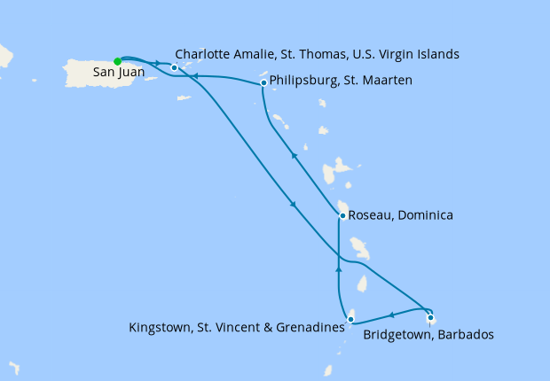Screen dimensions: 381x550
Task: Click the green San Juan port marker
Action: (117, 61)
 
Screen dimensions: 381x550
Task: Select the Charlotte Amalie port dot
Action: (175, 67)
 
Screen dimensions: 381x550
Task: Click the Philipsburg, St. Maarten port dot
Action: (263, 83)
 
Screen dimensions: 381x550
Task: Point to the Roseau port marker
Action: (342, 215)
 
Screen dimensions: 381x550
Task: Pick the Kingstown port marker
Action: (351, 319)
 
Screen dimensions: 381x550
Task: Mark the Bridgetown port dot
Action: (430, 318)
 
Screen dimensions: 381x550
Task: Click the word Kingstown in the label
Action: (161, 328)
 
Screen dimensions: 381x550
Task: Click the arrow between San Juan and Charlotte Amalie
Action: (156, 63)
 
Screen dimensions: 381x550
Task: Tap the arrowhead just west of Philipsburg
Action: (194, 77)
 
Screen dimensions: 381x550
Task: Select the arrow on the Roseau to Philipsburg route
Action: (294, 156)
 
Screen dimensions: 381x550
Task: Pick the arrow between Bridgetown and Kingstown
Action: (391, 315)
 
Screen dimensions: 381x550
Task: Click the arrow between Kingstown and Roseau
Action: (339, 265)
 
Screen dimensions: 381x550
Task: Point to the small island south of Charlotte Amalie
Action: (183, 97)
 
